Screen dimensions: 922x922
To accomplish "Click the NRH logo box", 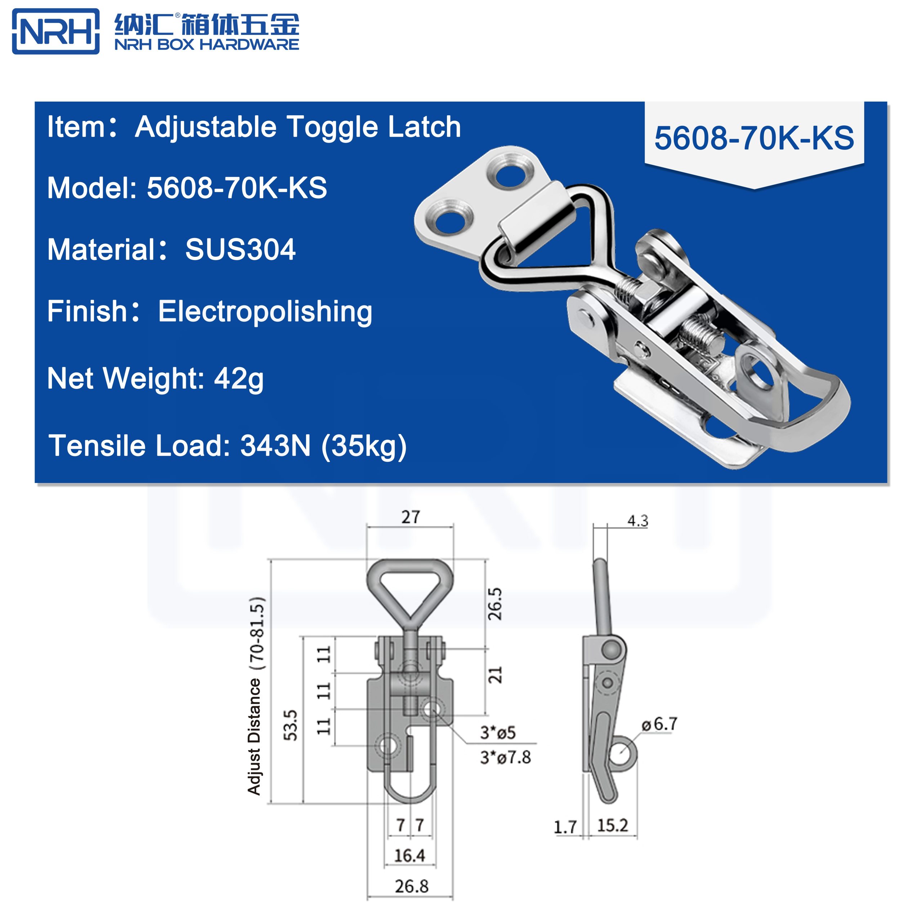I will (x=55, y=31).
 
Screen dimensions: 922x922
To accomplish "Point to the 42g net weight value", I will (x=239, y=379).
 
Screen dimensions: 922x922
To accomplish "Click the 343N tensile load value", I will (x=276, y=446).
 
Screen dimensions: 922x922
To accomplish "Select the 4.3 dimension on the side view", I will (x=637, y=521).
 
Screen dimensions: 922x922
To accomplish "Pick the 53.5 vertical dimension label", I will (x=291, y=725).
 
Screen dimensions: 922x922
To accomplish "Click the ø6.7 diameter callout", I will (x=659, y=724).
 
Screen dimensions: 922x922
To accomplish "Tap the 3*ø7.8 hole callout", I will (x=505, y=757).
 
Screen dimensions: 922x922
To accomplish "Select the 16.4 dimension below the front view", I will (x=409, y=855).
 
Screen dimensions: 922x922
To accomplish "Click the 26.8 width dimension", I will (x=411, y=886).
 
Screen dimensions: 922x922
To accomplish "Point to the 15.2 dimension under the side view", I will (x=612, y=825).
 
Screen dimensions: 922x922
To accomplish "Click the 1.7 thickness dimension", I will (x=565, y=827).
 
